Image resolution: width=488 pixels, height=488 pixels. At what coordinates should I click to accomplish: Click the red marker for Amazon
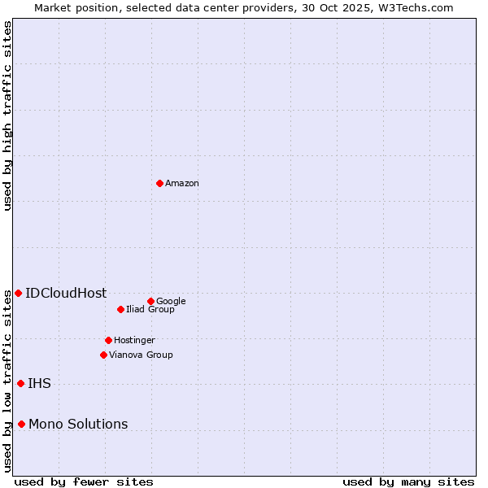[x=159, y=183]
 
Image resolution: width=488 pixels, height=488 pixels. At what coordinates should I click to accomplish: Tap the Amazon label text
[x=182, y=184]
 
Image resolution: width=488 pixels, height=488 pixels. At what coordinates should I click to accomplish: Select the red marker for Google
[x=150, y=301]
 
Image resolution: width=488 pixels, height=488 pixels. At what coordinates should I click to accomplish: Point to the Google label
[x=171, y=302]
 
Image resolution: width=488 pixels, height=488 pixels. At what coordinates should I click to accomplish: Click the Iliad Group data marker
[x=120, y=309]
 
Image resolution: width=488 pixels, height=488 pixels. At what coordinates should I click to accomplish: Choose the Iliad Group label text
[x=150, y=310]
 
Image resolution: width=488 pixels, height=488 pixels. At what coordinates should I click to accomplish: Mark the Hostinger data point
[x=108, y=340]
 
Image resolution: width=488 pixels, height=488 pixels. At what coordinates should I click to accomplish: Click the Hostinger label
[x=134, y=341]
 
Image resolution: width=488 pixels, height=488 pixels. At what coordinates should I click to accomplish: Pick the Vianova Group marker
[x=103, y=355]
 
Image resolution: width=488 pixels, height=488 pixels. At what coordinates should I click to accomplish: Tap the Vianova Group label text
[x=141, y=355]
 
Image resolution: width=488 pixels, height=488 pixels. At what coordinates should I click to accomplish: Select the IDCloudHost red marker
[x=18, y=293]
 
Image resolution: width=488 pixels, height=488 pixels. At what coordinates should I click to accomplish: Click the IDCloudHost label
[x=66, y=294]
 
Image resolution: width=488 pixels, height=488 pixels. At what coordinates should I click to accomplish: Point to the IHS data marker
[x=20, y=383]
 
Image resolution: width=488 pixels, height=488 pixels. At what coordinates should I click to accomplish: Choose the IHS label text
[x=39, y=384]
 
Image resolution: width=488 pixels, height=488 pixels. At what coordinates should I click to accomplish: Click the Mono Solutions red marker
[x=21, y=424]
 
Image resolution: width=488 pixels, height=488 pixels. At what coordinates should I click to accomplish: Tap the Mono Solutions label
[x=78, y=425]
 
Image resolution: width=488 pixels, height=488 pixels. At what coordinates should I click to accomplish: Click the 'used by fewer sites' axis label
[x=84, y=482]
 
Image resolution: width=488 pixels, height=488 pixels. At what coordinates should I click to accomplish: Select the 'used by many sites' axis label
[x=408, y=482]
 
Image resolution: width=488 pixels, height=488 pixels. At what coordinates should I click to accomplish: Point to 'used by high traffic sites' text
[x=7, y=115]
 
